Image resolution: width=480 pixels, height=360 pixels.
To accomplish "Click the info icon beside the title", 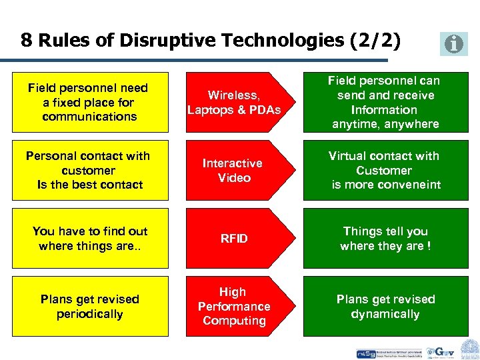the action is point(454,44).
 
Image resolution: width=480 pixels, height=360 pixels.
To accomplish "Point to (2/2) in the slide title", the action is point(375,41).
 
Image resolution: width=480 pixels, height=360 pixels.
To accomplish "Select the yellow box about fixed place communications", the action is point(89,102).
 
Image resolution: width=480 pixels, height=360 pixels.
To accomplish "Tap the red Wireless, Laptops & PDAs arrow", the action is point(234,102).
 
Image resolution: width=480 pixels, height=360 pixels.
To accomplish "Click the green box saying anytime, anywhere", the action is point(385,102).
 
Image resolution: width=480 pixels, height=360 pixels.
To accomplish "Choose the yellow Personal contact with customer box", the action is point(89,170).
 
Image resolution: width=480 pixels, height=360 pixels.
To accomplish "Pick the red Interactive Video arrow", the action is point(234,170).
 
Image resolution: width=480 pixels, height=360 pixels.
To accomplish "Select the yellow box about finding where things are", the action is point(89,238).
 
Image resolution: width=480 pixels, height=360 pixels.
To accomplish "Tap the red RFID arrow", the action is point(234,238).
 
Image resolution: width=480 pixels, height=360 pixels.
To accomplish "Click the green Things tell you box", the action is point(385,238).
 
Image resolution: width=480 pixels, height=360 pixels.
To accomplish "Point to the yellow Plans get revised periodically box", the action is point(89,306).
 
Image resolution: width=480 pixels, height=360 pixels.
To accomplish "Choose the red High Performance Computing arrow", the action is point(234,306).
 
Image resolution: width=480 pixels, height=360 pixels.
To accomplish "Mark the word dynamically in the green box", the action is point(385,314).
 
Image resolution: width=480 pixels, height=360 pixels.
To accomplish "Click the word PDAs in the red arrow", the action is point(264,109).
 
